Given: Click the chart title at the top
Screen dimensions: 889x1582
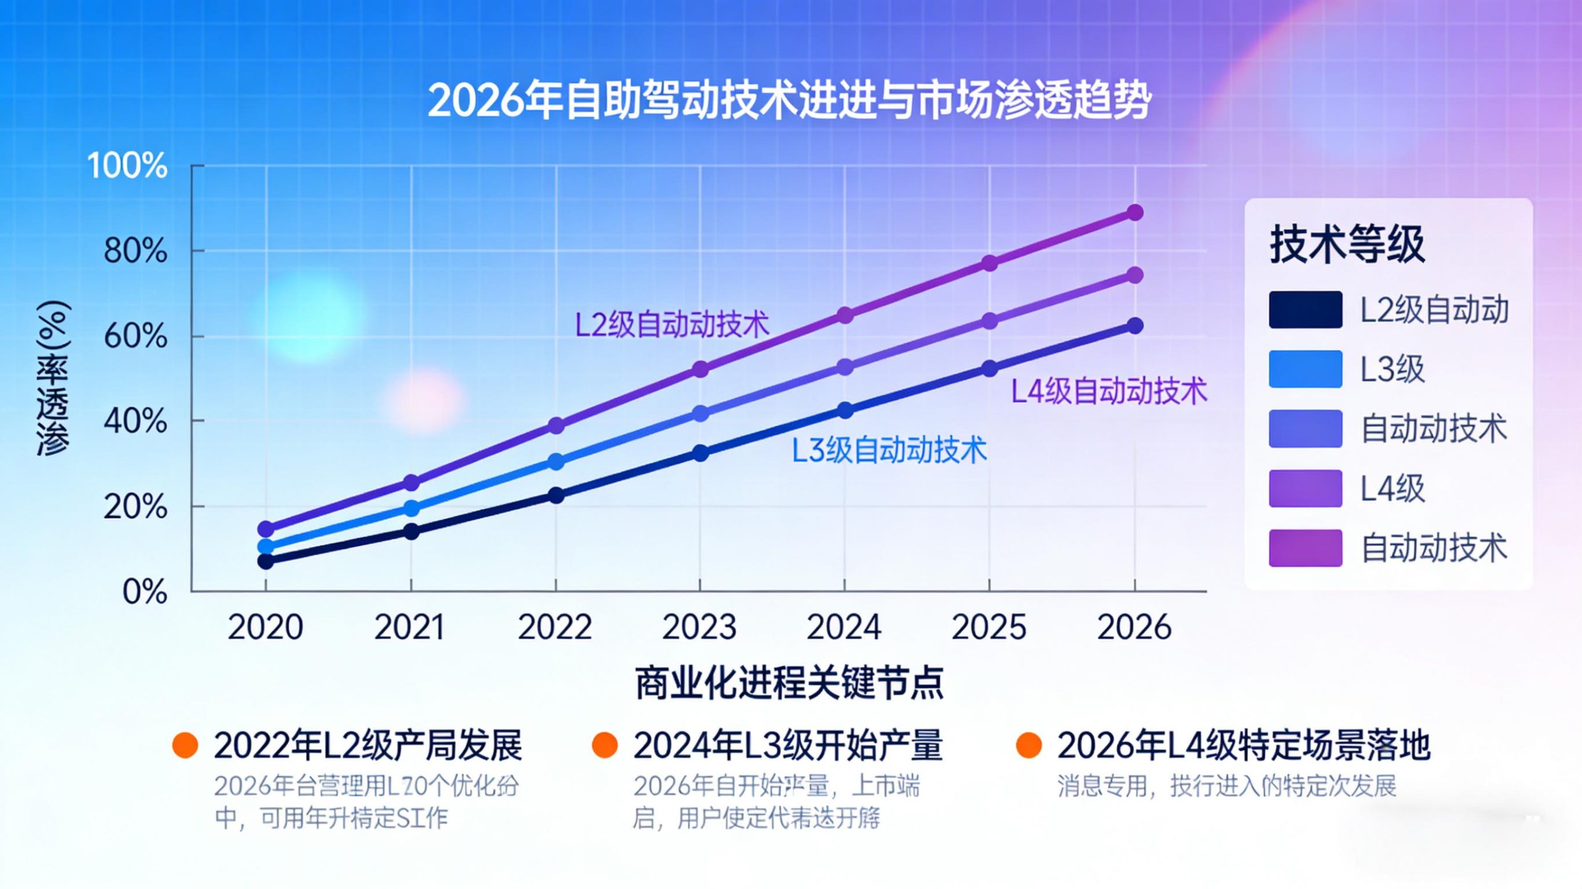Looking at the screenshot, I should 789,101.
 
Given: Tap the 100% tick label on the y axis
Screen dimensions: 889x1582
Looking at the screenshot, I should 127,166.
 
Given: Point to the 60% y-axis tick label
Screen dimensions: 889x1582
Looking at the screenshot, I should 135,337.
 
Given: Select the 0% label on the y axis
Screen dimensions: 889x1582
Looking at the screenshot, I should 145,592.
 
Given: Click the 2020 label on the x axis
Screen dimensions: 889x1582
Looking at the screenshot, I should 265,627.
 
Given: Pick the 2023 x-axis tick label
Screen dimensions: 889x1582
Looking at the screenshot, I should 700,627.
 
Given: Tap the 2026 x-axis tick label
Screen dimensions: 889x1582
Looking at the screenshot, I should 1134,627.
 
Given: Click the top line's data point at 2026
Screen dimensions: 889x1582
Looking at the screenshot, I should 1135,213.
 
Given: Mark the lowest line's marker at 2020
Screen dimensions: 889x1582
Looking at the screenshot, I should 266,562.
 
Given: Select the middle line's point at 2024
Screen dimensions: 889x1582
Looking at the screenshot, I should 845,367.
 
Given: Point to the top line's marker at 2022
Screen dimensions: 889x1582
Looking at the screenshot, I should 556,426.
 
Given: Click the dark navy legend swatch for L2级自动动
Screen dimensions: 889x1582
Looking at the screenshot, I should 1305,310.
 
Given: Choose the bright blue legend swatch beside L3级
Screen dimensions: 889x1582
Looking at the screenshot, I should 1305,369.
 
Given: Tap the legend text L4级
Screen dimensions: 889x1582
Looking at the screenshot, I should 1392,489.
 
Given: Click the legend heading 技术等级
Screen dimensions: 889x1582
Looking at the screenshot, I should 1347,245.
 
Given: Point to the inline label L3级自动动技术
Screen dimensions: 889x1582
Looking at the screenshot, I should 889,450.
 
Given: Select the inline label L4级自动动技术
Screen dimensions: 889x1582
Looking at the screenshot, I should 1109,391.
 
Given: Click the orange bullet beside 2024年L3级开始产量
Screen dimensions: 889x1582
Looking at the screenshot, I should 604,745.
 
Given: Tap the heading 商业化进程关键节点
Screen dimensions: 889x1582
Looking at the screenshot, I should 789,683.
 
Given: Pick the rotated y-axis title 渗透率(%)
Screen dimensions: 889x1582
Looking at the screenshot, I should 53,378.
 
